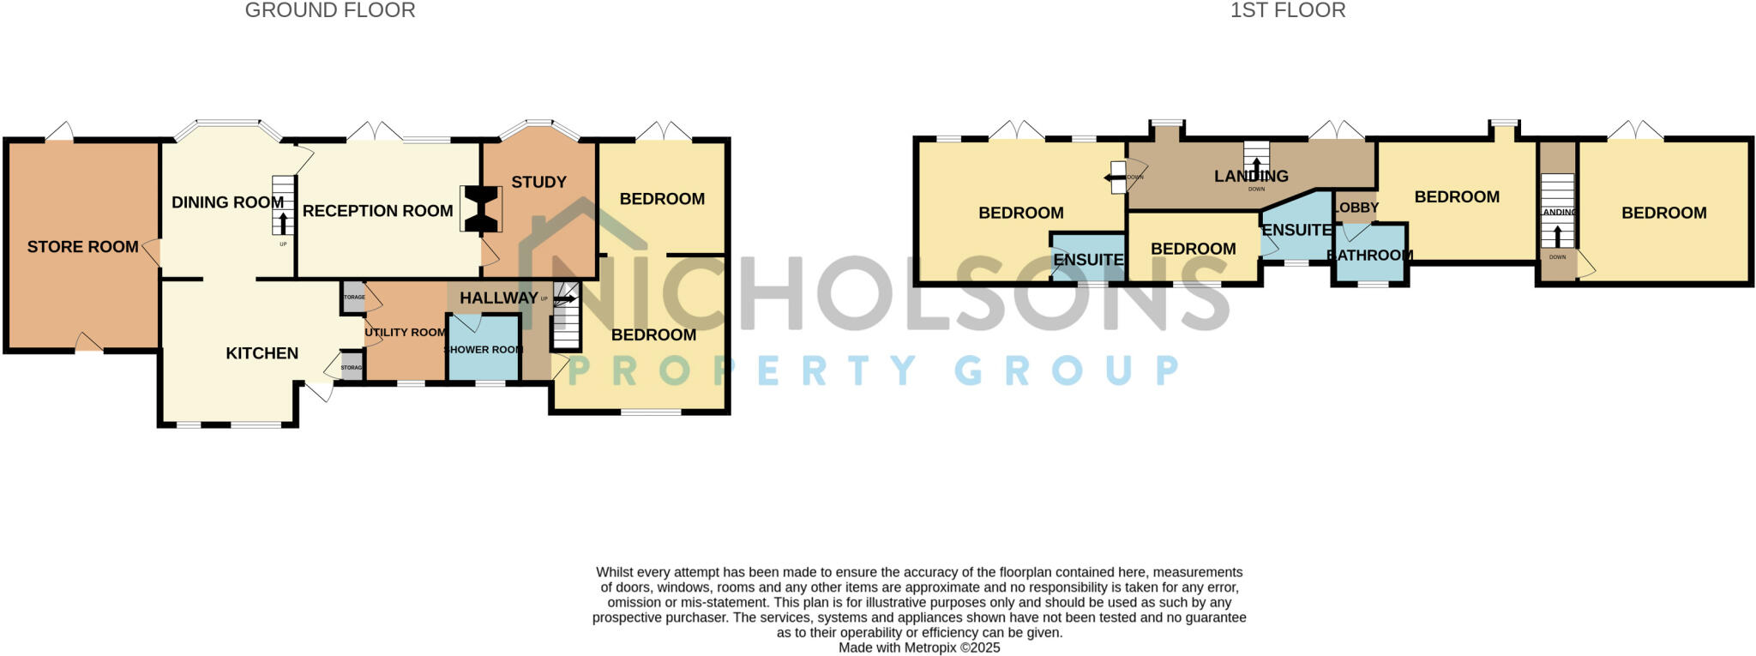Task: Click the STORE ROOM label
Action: pos(82,247)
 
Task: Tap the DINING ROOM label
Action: pos(227,202)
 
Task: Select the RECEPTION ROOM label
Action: pos(377,211)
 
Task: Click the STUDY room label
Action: pos(538,182)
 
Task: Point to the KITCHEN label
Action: pos(262,353)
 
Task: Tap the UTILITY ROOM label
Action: pos(405,333)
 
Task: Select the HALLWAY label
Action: pos(498,298)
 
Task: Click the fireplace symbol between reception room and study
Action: pos(481,209)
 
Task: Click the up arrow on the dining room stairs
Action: pos(283,222)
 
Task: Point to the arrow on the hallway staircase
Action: pos(565,299)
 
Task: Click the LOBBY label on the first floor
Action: pos(1357,208)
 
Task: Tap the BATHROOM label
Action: pos(1370,255)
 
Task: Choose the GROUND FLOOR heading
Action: pos(330,10)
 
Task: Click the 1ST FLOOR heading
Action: pos(1288,10)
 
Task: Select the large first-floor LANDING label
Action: pos(1251,176)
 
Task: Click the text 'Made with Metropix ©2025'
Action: pos(919,648)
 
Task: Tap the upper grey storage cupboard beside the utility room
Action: pos(353,297)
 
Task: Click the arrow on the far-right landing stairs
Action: pos(1558,235)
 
